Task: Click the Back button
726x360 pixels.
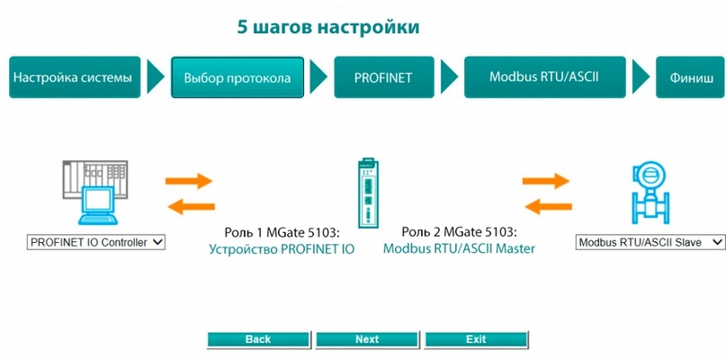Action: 258,339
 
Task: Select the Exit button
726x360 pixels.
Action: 476,339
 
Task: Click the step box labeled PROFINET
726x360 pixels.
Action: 384,77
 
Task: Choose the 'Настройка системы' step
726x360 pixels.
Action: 75,77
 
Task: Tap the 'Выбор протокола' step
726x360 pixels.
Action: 238,77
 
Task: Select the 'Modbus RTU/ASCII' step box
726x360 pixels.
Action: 545,77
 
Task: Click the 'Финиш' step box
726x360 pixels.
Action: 690,77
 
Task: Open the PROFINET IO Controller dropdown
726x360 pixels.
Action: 96,242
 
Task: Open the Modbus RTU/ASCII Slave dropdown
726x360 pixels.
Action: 650,242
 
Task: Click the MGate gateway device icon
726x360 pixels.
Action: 368,193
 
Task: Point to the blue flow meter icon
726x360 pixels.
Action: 650,193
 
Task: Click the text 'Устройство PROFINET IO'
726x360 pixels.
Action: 282,249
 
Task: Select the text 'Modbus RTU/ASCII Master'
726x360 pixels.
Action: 459,248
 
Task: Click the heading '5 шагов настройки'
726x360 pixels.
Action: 328,27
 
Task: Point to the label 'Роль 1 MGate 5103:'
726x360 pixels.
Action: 286,231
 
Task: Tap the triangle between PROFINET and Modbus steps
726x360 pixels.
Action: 450,76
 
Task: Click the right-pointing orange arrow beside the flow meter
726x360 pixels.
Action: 546,181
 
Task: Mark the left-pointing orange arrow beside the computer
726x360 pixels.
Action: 192,207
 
